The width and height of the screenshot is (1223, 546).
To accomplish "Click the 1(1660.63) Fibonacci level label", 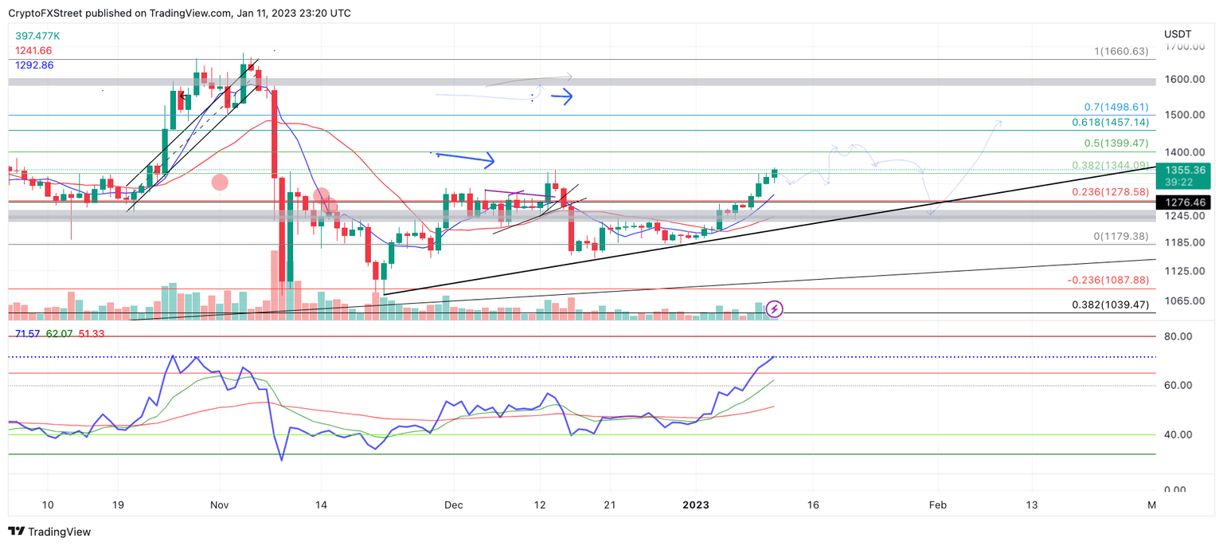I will pyautogui.click(x=1121, y=52).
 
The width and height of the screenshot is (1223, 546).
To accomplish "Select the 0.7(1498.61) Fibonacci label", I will pyautogui.click(x=1116, y=107).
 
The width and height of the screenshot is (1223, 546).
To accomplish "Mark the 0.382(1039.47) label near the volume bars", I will pyautogui.click(x=1110, y=305).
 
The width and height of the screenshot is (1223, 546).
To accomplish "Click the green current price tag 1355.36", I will pyautogui.click(x=1185, y=171).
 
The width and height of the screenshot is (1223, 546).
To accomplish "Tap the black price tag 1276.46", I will pyautogui.click(x=1185, y=202).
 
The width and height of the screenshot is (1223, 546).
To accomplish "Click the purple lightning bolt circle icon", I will pyautogui.click(x=775, y=309).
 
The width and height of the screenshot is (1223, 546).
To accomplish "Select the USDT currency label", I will pyautogui.click(x=1177, y=34).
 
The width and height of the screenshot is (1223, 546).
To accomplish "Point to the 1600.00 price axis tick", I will pyautogui.click(x=1184, y=80).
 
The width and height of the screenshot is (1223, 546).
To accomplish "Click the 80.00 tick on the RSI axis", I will pyautogui.click(x=1179, y=337).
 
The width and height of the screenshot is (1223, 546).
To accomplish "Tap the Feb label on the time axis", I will pyautogui.click(x=938, y=505).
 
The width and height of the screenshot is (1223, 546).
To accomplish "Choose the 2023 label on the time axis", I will pyautogui.click(x=696, y=505).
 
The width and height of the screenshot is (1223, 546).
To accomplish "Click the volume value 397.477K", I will pyautogui.click(x=37, y=37).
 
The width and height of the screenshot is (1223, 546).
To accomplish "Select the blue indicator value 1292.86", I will pyautogui.click(x=34, y=65).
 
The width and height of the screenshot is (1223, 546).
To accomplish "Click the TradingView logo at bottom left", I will pyautogui.click(x=49, y=532).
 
